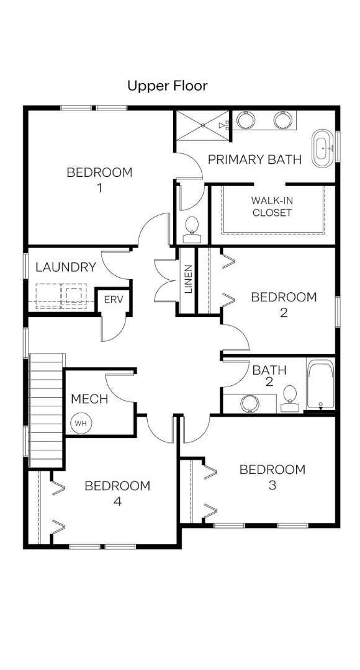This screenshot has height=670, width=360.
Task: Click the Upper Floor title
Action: point(168,86)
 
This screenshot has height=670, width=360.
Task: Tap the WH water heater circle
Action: point(81,423)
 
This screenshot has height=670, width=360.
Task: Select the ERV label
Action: point(114,299)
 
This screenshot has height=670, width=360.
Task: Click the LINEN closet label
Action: point(188,279)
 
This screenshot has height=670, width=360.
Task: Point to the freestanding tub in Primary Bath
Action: point(323,148)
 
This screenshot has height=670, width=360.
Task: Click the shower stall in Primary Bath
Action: point(203,125)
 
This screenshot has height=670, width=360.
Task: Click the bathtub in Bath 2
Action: point(321,385)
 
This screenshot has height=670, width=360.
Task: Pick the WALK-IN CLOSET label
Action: point(272,207)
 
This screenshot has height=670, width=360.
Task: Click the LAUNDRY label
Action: point(66,267)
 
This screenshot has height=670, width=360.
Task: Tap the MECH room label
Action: point(89,399)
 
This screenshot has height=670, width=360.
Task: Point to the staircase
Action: point(47,410)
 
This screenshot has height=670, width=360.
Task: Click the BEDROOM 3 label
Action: point(272,477)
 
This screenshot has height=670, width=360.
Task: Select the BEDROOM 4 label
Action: point(117,494)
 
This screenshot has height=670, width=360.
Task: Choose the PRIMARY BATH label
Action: point(255,160)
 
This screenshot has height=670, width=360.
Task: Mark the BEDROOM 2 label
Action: point(284,305)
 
